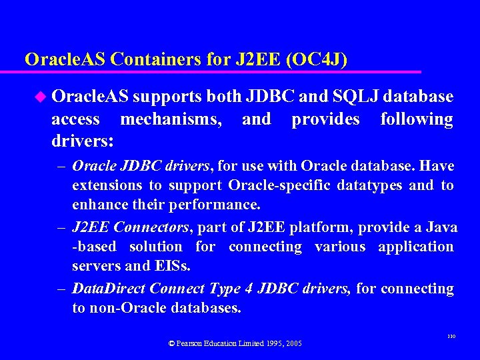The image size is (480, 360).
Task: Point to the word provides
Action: tap(325, 119)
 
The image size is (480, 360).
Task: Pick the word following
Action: tap(416, 119)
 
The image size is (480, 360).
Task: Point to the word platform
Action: tap(317, 227)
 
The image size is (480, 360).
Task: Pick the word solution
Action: tap(155, 247)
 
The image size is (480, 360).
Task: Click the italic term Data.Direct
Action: tap(108, 289)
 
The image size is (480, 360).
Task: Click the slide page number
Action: tap(450, 338)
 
